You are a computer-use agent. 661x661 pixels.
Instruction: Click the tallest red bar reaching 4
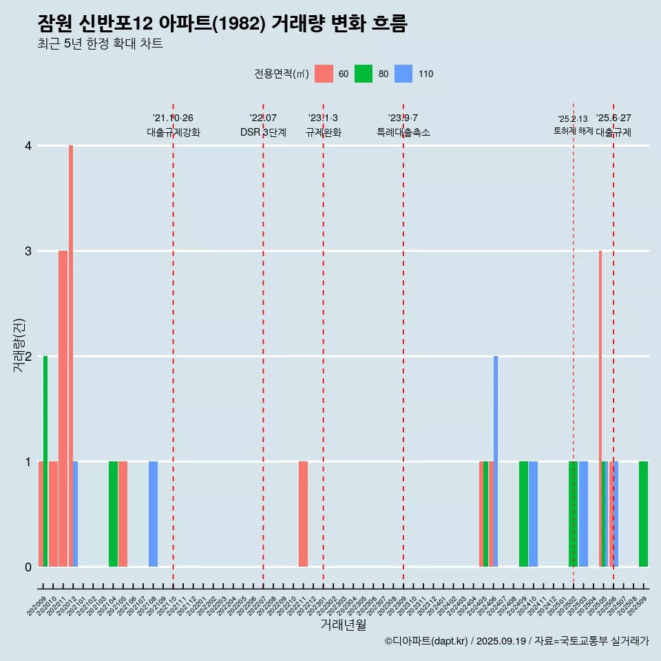pos(71,355)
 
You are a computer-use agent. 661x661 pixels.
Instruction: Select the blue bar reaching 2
pos(496,461)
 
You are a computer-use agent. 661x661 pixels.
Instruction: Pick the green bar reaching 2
pos(45,461)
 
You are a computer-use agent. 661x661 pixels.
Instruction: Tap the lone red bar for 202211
pos(303,514)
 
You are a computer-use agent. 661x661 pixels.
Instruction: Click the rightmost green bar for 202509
pos(643,514)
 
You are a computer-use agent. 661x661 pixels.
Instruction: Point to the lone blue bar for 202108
pos(153,514)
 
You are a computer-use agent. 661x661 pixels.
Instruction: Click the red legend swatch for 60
pos(324,74)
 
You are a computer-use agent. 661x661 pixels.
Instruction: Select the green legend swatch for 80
pos(364,74)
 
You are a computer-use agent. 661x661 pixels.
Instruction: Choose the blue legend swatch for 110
pos(403,74)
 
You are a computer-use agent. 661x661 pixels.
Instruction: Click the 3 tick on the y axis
pos(28,251)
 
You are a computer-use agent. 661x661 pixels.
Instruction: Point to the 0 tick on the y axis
pos(28,567)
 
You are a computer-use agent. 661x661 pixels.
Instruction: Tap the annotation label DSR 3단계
pos(263,132)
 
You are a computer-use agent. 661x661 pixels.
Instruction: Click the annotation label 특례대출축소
pos(403,132)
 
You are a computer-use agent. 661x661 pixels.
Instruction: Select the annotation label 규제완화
pos(323,132)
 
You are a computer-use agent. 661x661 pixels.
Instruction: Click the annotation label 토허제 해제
pos(573,131)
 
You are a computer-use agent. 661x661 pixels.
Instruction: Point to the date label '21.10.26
pos(173,118)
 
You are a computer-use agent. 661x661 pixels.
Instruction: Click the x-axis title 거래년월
pos(343,625)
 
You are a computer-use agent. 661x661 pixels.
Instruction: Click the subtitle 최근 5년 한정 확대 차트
pos(100,44)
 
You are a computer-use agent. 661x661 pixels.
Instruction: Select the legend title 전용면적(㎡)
pos(281,74)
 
